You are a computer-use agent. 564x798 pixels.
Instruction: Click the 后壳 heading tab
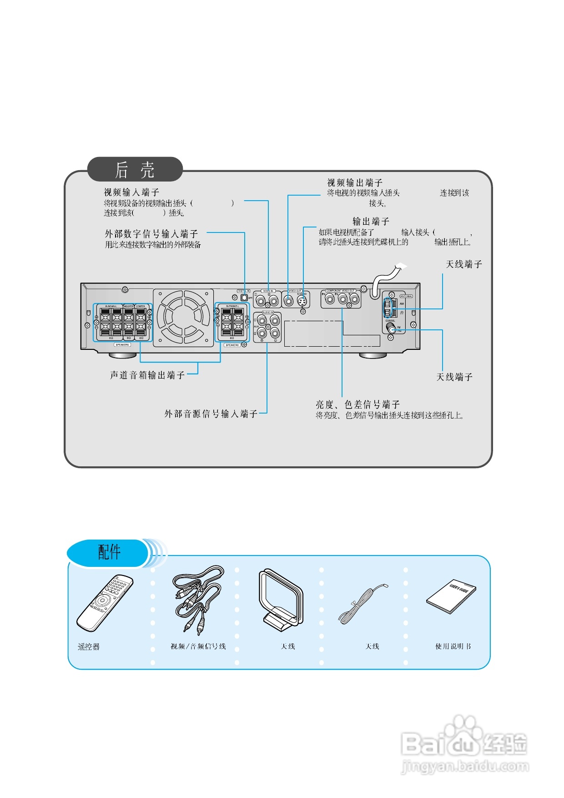135,170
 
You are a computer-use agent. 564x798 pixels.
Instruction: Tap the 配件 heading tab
109,552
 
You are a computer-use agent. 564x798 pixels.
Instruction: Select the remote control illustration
105,603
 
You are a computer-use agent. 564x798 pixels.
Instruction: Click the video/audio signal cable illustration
196,598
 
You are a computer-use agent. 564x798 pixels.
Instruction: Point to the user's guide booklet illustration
451,596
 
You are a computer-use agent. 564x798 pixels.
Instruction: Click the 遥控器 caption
89,646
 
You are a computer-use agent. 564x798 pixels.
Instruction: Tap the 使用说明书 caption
453,646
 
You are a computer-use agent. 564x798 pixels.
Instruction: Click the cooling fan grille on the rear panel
183,318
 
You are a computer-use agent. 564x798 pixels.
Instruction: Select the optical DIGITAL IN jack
244,298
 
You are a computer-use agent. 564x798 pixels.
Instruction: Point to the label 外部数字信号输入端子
151,234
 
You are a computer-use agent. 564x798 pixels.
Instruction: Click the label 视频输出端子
355,182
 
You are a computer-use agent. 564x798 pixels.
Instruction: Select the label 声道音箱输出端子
147,375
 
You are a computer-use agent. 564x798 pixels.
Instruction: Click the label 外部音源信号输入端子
211,414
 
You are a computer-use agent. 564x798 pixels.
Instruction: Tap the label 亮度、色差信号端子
358,404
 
